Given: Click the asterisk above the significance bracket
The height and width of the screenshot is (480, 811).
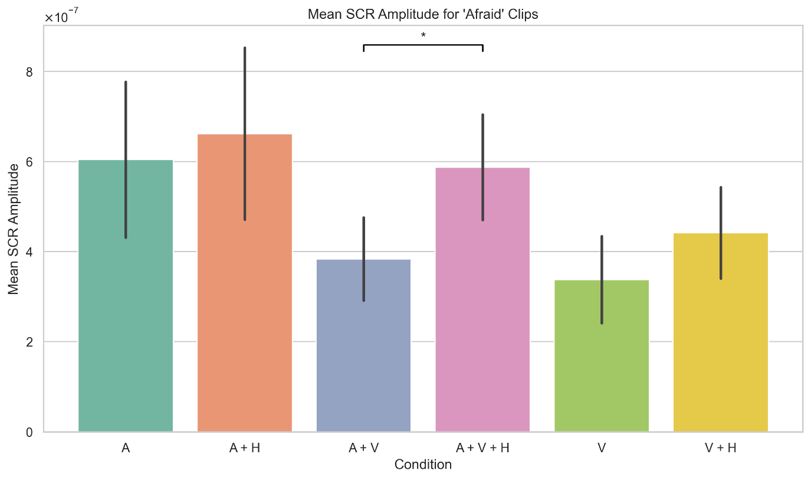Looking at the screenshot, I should tap(423, 35).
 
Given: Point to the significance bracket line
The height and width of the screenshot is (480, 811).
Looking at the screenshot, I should tap(423, 45).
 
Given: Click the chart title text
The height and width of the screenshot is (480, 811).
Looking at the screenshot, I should tap(423, 15).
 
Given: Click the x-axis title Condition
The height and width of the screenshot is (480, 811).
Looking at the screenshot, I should tap(423, 465).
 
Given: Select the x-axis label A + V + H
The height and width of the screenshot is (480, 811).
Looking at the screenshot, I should tap(482, 448).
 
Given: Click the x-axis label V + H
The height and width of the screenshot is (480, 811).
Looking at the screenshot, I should tap(720, 448).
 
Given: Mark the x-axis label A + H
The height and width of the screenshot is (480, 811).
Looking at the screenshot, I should tap(245, 448).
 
